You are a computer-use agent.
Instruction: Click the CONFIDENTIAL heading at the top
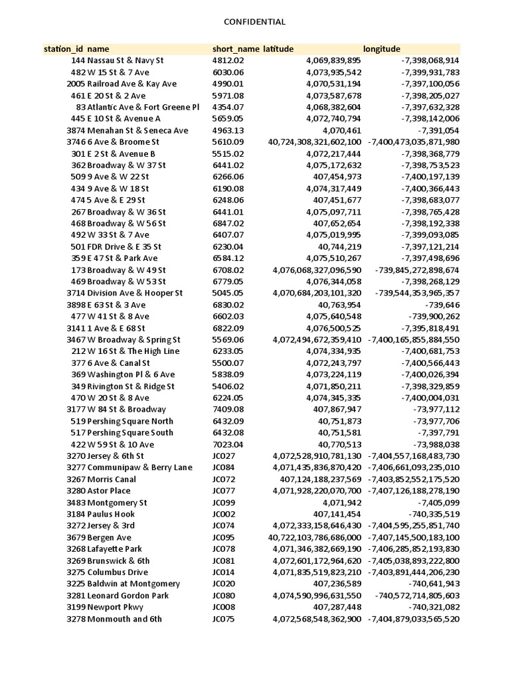(x=255, y=22)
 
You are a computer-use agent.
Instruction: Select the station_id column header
(x=64, y=49)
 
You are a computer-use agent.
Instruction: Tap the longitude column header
(x=382, y=49)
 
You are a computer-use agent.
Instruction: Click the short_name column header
(x=236, y=49)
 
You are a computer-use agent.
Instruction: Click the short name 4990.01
(x=228, y=84)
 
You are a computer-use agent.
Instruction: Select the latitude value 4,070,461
(x=341, y=131)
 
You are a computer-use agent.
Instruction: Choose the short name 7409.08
(x=228, y=410)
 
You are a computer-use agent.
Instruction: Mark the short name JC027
(x=224, y=456)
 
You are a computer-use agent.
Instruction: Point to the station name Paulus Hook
(x=111, y=514)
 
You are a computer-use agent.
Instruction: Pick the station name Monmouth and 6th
(x=124, y=619)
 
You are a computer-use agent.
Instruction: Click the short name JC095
(x=224, y=537)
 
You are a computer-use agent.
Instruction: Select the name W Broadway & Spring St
(x=134, y=340)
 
